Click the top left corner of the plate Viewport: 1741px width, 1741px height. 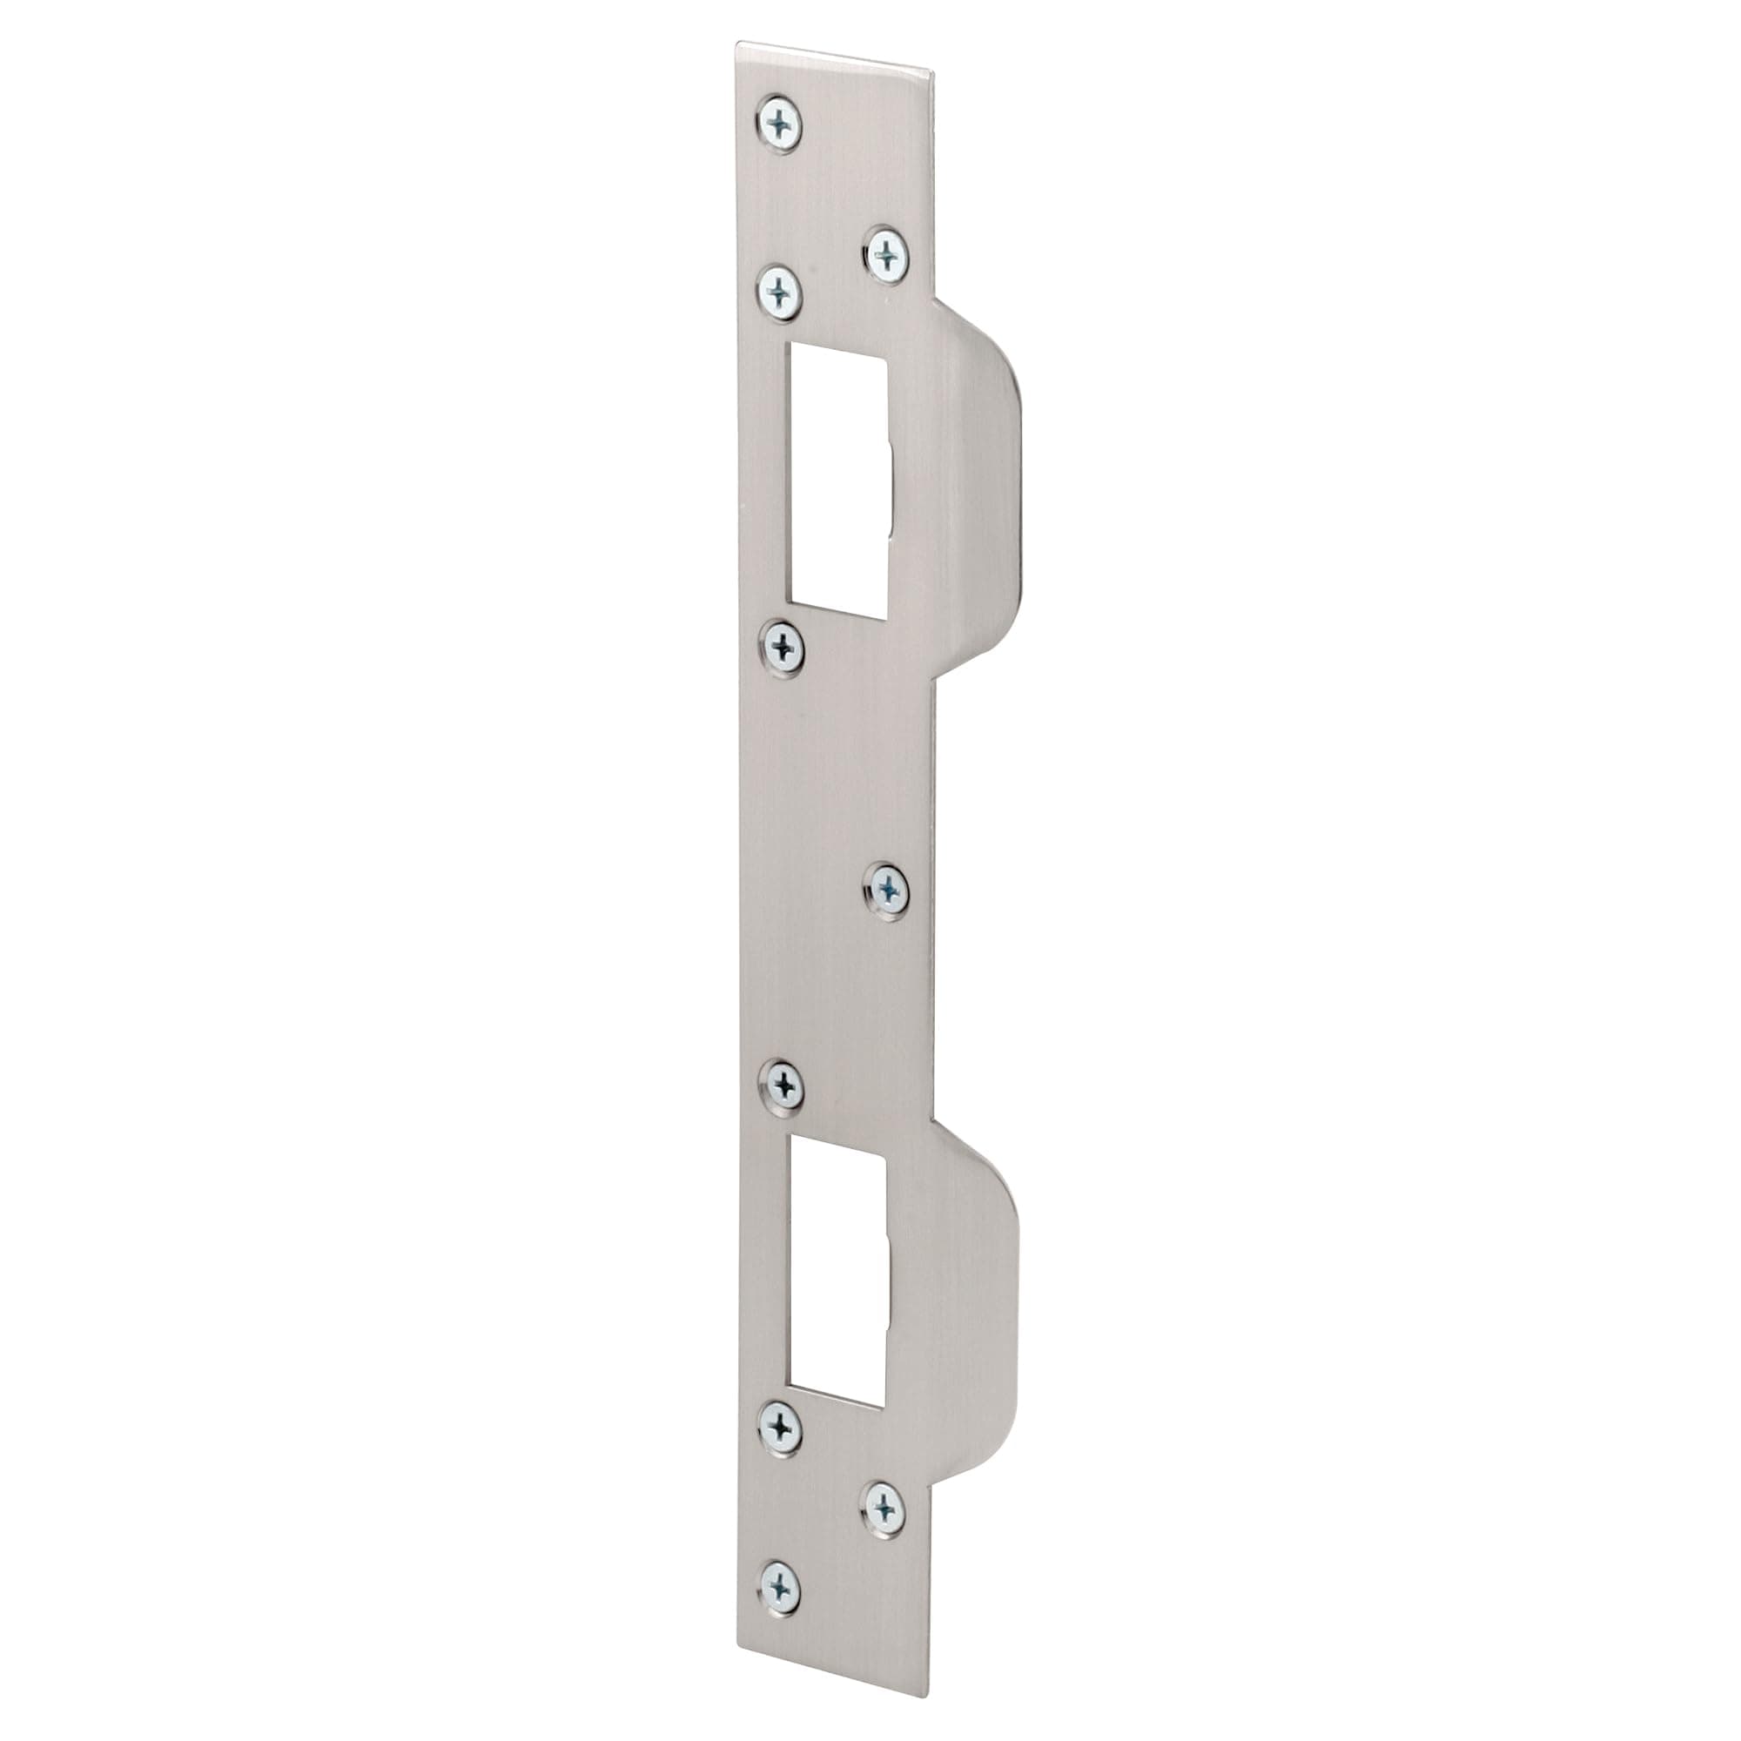coord(738,44)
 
